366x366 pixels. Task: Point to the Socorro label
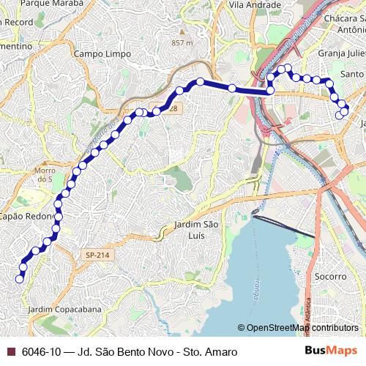click(x=330, y=277)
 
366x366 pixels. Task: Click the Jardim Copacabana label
click(x=64, y=310)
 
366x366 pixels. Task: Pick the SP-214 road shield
click(x=97, y=255)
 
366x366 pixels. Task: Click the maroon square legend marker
click(x=11, y=352)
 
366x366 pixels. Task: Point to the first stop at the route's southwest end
click(x=20, y=278)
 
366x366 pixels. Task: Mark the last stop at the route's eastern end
click(x=340, y=115)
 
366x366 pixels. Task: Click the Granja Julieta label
click(x=341, y=53)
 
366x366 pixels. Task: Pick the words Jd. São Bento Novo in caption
click(x=131, y=352)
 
